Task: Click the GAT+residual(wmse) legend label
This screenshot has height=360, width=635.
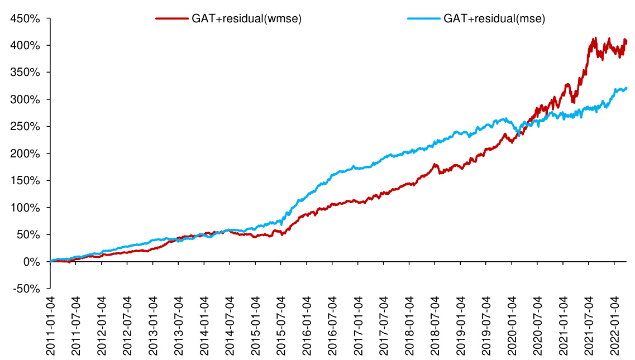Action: pyautogui.click(x=247, y=19)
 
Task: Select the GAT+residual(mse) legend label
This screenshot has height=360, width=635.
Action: pyautogui.click(x=494, y=19)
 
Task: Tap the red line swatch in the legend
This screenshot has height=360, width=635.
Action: pyautogui.click(x=171, y=19)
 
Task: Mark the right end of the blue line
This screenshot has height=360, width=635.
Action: pyautogui.click(x=627, y=88)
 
